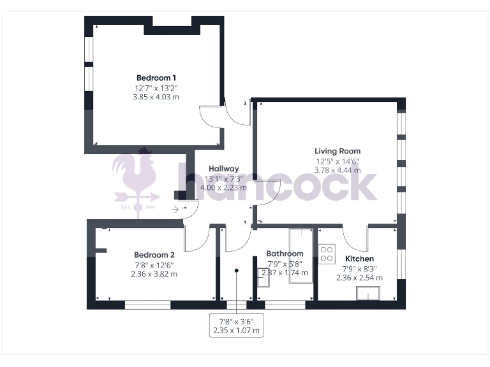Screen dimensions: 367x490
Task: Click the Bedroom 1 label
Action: tap(156, 78)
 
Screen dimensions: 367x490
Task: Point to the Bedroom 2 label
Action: tap(154, 254)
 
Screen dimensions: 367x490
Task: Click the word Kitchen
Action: tap(359, 259)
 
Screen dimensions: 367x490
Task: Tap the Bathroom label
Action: tap(285, 254)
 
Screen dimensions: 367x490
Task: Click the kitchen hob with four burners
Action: tap(327, 254)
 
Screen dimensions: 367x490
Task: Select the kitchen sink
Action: tap(368, 292)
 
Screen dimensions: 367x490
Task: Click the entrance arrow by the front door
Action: tap(175, 208)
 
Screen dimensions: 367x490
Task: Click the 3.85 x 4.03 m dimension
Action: tap(156, 97)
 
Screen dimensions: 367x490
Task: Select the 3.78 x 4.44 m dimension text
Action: tap(338, 170)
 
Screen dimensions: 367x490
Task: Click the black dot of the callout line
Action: tap(236, 271)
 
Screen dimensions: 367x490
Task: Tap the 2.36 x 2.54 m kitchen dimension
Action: tap(359, 278)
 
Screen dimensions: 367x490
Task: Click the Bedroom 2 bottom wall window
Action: tap(147, 305)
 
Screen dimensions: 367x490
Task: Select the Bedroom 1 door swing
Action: tap(211, 117)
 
